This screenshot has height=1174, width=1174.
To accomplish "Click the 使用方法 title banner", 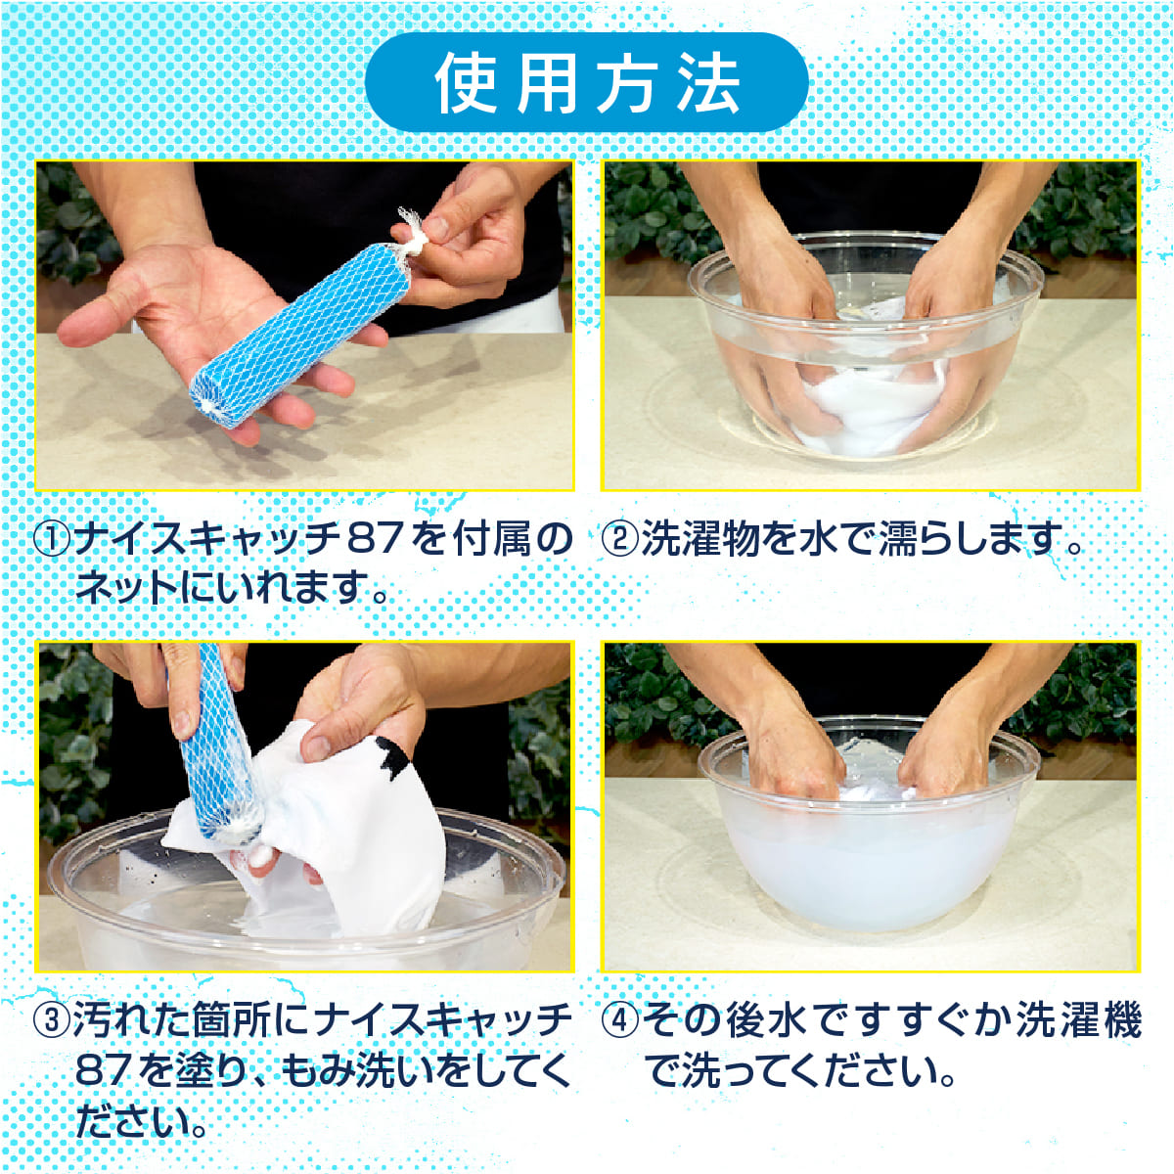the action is [x=586, y=81].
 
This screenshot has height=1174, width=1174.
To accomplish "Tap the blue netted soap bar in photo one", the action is [x=295, y=337].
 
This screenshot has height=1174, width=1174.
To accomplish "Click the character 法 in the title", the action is [x=708, y=82].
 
